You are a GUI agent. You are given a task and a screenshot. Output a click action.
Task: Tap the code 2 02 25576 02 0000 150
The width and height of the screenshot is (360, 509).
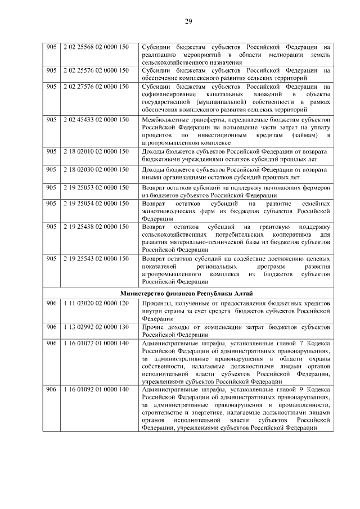tap(96, 71)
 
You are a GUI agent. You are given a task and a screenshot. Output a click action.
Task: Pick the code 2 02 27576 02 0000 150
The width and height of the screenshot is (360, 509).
tap(96, 87)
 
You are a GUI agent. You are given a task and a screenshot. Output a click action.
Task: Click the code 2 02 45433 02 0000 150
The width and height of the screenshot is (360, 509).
tap(96, 120)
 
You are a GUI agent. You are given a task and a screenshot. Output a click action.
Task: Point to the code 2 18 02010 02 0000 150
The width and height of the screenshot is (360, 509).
tap(96, 152)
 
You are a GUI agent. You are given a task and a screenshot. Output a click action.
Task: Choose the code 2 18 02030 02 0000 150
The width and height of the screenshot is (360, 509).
tap(96, 169)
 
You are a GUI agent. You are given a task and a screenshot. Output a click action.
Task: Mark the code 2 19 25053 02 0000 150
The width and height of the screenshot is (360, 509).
tap(96, 186)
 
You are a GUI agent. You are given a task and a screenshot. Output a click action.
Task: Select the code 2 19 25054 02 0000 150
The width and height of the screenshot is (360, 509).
tap(96, 202)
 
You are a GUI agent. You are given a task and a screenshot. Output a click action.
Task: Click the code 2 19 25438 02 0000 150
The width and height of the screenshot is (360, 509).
tap(96, 227)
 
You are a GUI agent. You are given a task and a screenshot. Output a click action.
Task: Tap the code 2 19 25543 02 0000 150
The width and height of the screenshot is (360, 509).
tap(96, 259)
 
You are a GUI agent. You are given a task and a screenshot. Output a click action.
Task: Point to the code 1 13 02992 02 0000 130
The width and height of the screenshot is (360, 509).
tap(96, 327)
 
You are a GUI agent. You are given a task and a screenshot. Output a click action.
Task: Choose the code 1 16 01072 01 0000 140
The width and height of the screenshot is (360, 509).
tap(96, 343)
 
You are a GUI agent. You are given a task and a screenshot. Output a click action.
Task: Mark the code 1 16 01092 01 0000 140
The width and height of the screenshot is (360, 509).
tap(96, 389)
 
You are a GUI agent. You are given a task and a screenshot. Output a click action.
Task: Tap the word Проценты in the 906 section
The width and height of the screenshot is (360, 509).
tap(158, 304)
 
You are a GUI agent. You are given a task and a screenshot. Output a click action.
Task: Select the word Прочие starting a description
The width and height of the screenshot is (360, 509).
tap(154, 327)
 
